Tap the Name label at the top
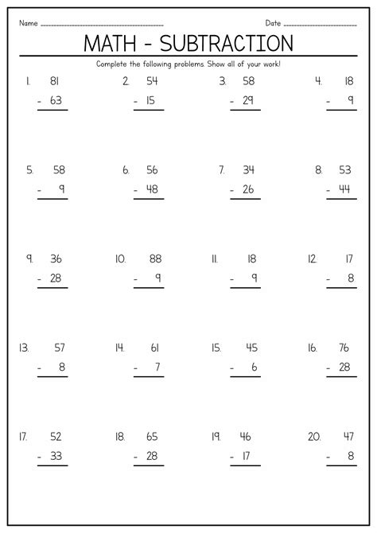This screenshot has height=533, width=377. pos(29,22)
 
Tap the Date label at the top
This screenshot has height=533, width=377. pos(274,22)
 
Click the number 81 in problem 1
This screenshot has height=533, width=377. pos(55,81)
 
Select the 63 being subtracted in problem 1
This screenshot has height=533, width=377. pos(55,101)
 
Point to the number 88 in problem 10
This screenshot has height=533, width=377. pos(155,259)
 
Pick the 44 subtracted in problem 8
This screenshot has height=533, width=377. pos(344,189)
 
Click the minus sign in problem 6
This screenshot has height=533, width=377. pos(136,189)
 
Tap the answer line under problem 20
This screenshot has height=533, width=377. pos(341,465)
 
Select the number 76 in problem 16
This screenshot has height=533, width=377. pos(344,347)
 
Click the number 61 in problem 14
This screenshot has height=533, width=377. pos(154,347)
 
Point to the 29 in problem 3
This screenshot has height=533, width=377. pos(248,101)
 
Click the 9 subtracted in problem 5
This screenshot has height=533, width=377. pos(61,189)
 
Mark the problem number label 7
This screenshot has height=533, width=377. pos(223,170)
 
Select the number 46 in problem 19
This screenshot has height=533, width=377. pos(245,437)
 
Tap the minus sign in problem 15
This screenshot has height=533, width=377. pos(231,368)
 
